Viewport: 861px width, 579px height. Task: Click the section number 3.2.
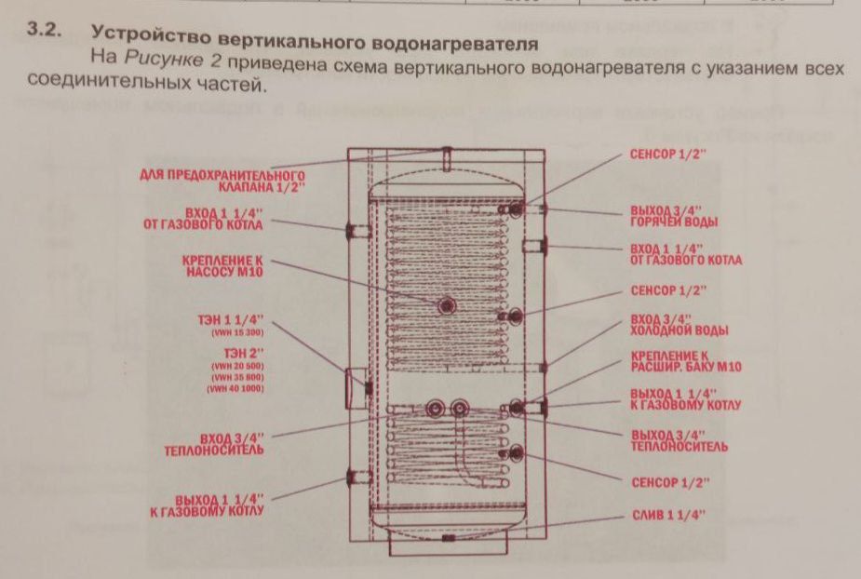45,32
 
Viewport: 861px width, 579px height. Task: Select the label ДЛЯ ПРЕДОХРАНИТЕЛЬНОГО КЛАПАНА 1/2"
222,181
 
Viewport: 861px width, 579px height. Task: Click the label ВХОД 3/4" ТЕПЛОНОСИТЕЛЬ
232,442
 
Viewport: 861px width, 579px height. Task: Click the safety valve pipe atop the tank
448,158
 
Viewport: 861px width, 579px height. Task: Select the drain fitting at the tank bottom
450,537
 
